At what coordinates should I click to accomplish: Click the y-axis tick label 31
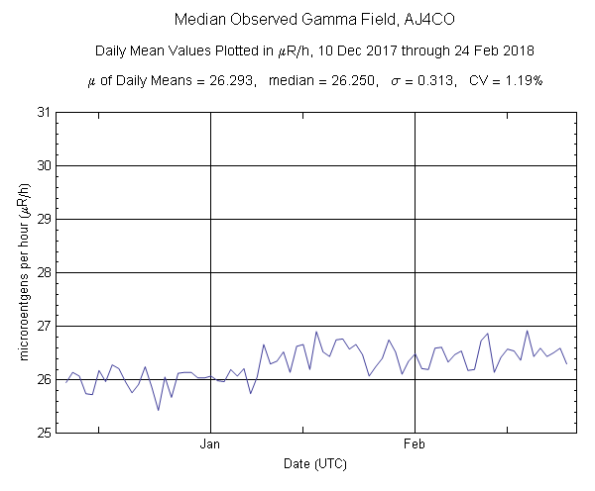[44, 112]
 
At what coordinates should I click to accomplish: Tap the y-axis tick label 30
[44, 165]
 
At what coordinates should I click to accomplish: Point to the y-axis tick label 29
[44, 219]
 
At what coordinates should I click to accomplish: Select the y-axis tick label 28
[44, 272]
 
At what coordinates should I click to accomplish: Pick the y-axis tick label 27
[44, 326]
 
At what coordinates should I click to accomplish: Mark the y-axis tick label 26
[44, 379]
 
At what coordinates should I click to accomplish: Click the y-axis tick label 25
[44, 433]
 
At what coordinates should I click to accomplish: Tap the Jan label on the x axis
[210, 445]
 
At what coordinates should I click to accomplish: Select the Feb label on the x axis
[414, 445]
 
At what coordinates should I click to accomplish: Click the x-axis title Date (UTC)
[315, 463]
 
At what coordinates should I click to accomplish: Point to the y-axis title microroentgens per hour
[16, 272]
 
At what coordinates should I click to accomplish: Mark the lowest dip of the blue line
[159, 410]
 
